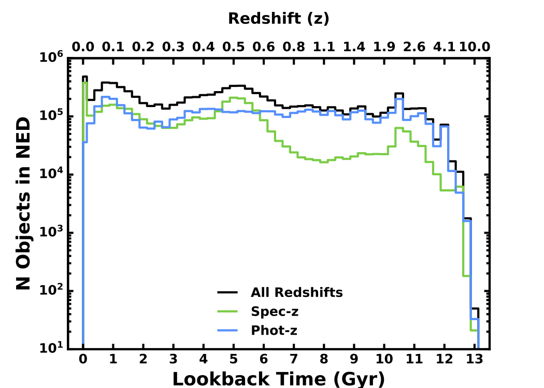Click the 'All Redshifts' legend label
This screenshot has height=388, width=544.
(296, 293)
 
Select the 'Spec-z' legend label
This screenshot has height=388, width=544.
(275, 311)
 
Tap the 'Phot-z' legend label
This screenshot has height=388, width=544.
(274, 330)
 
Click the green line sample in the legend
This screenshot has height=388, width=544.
(227, 311)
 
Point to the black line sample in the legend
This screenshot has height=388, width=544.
(227, 293)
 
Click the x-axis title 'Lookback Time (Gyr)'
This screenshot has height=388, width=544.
(278, 379)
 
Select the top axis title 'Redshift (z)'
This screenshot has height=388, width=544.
(278, 19)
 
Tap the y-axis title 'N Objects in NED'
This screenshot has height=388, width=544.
(23, 203)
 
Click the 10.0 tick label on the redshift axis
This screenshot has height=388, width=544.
(474, 47)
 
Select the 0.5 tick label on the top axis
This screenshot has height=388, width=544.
(233, 47)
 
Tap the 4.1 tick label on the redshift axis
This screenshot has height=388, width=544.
(443, 47)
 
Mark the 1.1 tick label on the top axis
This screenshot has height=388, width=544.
(323, 47)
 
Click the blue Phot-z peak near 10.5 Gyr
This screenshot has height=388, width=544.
(399, 99)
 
